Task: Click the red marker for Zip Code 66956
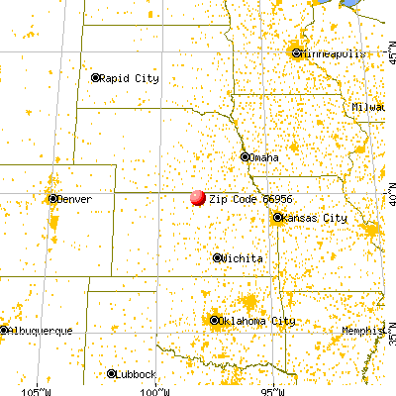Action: [x=197, y=197]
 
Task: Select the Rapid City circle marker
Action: [x=96, y=77]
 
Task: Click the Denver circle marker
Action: [x=51, y=199]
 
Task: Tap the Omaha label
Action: [x=264, y=157]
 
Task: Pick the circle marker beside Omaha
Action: [x=245, y=156]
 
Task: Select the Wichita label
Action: [x=244, y=257]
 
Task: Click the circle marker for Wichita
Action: [x=218, y=257]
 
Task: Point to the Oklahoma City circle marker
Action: [x=214, y=320]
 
